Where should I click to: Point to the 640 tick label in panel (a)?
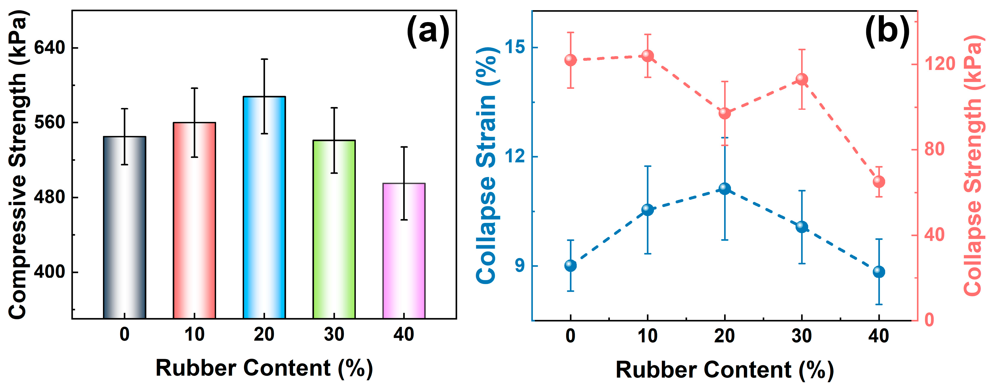tap(50, 48)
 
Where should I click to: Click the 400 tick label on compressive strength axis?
tap(50, 272)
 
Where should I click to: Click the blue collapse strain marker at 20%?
tap(725, 188)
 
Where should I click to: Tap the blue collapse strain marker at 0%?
tap(570, 266)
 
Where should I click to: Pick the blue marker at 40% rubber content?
tap(879, 271)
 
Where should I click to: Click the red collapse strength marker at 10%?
tap(647, 56)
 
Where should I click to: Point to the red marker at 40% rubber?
tap(879, 181)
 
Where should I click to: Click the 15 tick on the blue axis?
tap(515, 47)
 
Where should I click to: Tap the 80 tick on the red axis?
tap(934, 149)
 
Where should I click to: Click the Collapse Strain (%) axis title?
tap(487, 165)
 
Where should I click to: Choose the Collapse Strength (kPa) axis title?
tap(973, 165)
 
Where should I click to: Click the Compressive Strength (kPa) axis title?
tap(18, 165)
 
